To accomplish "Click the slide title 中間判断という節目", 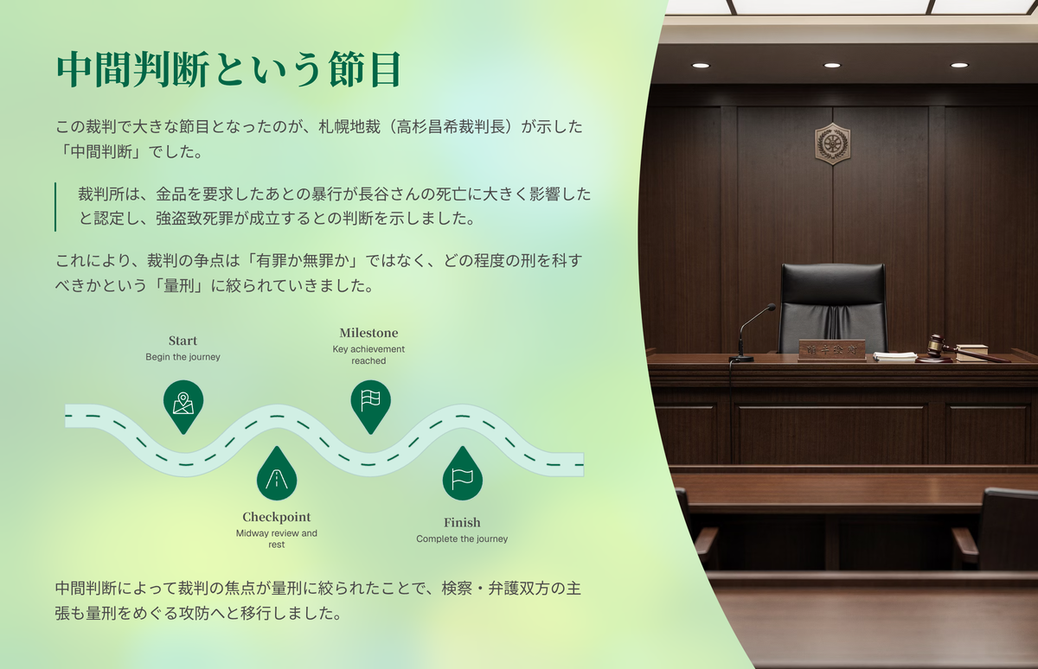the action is tap(228, 69).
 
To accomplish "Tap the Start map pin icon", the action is tap(183, 406).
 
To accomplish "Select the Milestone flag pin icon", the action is tap(370, 406).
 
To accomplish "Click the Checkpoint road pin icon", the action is tap(277, 474).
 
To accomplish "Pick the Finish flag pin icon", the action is tap(463, 474).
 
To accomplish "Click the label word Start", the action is tap(183, 341).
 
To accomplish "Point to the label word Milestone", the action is tap(368, 333).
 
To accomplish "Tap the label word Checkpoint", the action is tap(276, 517).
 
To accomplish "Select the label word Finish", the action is tap(462, 523).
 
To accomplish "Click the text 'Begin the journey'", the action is tap(183, 357).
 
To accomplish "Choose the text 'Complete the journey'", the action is tap(462, 538).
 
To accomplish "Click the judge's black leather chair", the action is tap(832, 308).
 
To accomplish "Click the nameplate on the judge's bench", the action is tap(832, 349).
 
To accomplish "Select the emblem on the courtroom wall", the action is tap(832, 143).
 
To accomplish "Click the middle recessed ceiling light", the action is tap(832, 66).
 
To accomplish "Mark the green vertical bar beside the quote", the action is tap(55, 207).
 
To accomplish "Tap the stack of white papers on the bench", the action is tap(894, 356).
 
